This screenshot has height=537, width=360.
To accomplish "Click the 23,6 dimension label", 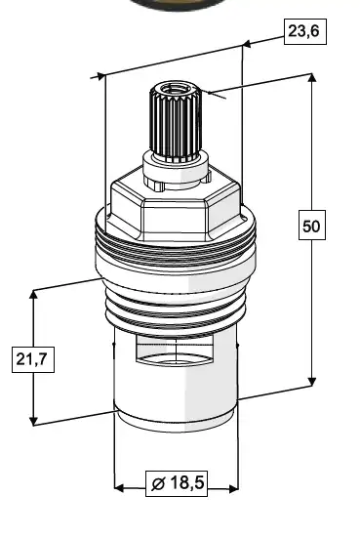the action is [305, 31].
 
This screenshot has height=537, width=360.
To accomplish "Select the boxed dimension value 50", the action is [312, 226].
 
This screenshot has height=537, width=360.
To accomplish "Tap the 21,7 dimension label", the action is [33, 359].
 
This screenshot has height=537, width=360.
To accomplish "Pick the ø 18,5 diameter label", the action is [177, 483].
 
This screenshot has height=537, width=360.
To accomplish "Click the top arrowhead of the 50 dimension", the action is [311, 77].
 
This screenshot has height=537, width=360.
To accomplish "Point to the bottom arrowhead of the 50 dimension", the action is [312, 382].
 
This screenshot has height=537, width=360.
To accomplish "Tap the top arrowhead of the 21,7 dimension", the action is [33, 295].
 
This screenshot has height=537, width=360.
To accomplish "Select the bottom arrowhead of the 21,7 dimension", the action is [33, 421].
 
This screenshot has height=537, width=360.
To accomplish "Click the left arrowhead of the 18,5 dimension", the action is [119, 488].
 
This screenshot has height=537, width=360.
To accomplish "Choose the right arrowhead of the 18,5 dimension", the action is [233, 488].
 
